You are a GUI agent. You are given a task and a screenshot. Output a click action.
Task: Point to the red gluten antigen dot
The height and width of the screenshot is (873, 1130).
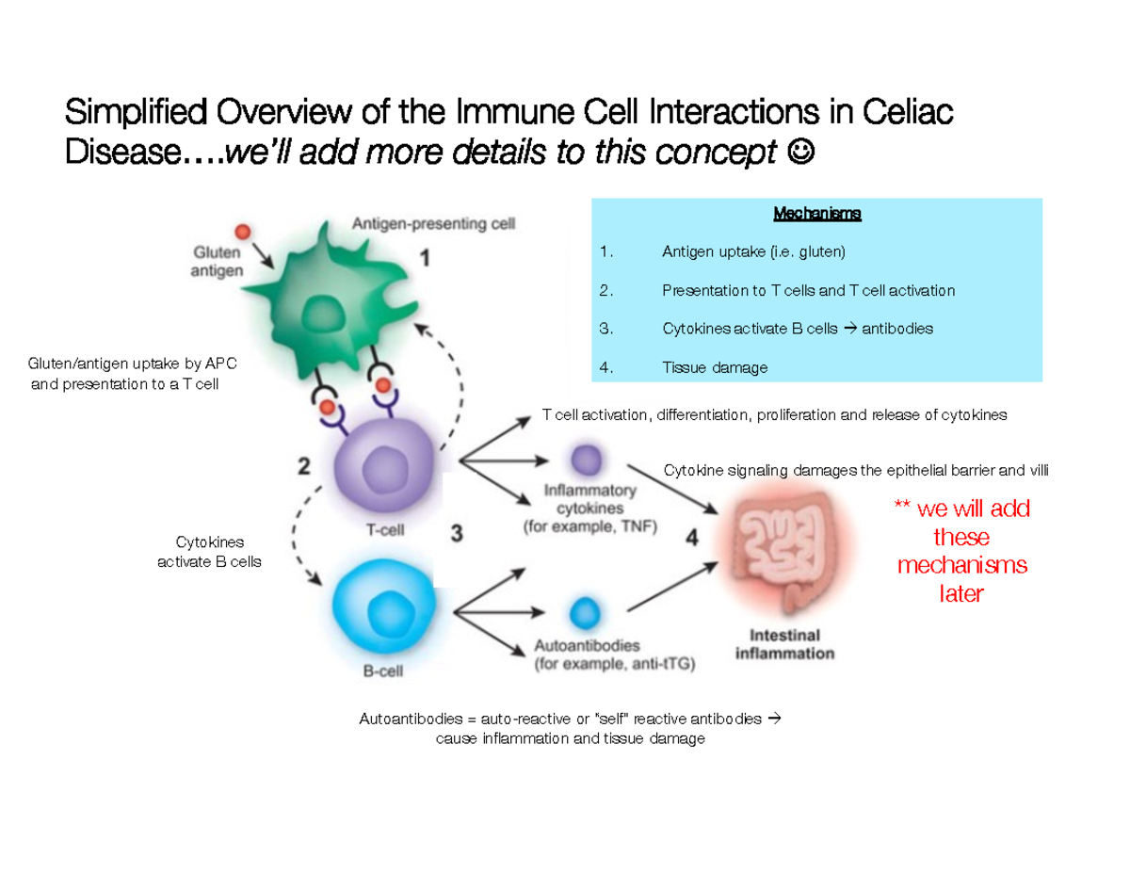click(243, 232)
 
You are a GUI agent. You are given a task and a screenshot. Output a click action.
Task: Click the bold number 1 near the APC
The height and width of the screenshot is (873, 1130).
click(426, 258)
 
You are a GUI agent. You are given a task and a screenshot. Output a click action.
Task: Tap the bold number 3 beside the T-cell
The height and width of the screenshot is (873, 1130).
click(457, 534)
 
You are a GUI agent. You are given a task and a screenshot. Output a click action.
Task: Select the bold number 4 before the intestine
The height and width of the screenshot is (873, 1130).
click(692, 539)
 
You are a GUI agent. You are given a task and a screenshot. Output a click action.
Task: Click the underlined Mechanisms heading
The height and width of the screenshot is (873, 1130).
click(816, 215)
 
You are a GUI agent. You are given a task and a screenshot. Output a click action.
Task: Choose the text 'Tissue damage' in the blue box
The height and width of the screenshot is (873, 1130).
click(715, 367)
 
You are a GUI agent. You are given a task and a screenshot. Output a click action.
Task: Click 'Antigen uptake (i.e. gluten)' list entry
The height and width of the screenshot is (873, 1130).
click(753, 252)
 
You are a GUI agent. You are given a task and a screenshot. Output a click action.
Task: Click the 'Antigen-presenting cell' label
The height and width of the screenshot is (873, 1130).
click(433, 224)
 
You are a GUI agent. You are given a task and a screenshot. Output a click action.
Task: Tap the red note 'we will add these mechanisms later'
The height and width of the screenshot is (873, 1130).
click(961, 552)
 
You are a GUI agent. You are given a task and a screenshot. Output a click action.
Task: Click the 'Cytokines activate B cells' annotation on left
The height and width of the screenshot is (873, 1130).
click(209, 552)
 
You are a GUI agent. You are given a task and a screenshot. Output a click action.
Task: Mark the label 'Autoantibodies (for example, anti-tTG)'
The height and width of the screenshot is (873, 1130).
click(614, 655)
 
